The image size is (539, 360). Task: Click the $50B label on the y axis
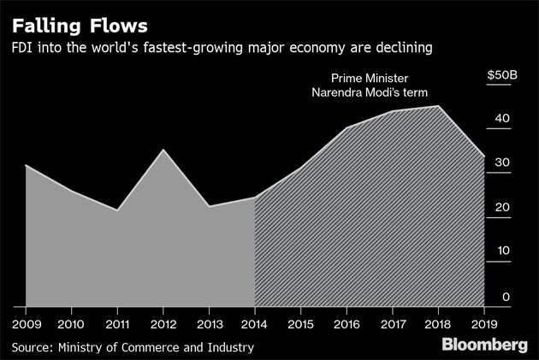coord(501,75)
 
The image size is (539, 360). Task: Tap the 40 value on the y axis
coord(504,119)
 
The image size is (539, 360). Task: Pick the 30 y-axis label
coord(504,163)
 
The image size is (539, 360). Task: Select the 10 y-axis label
coord(504,251)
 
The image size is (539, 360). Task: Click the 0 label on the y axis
coord(506,296)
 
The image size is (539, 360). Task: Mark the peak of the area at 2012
coord(163,150)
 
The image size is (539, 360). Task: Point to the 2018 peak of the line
coord(439,106)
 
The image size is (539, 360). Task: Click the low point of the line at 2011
coord(117,210)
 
